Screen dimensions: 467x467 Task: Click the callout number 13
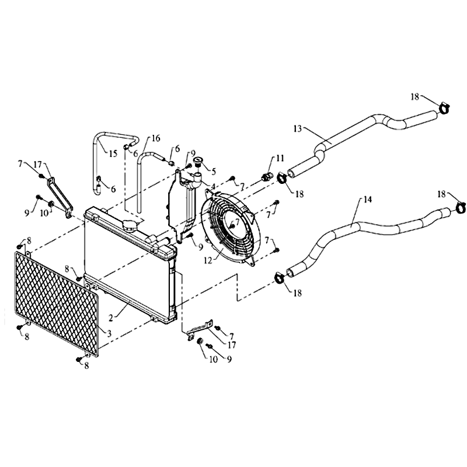[298, 128]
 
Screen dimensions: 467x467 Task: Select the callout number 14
[368, 199]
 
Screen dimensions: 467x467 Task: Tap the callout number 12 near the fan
[208, 260]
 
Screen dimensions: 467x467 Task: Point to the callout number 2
[111, 318]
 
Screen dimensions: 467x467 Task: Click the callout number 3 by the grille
[109, 333]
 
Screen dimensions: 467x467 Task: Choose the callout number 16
[156, 138]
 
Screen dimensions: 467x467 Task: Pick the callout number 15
[113, 154]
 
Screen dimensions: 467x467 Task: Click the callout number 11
[280, 158]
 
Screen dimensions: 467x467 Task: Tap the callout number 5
[213, 172]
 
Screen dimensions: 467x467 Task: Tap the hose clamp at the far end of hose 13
[444, 108]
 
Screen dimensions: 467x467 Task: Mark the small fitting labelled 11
[266, 177]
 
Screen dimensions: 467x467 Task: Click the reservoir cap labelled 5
[198, 162]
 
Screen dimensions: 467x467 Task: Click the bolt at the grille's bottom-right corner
[79, 359]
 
